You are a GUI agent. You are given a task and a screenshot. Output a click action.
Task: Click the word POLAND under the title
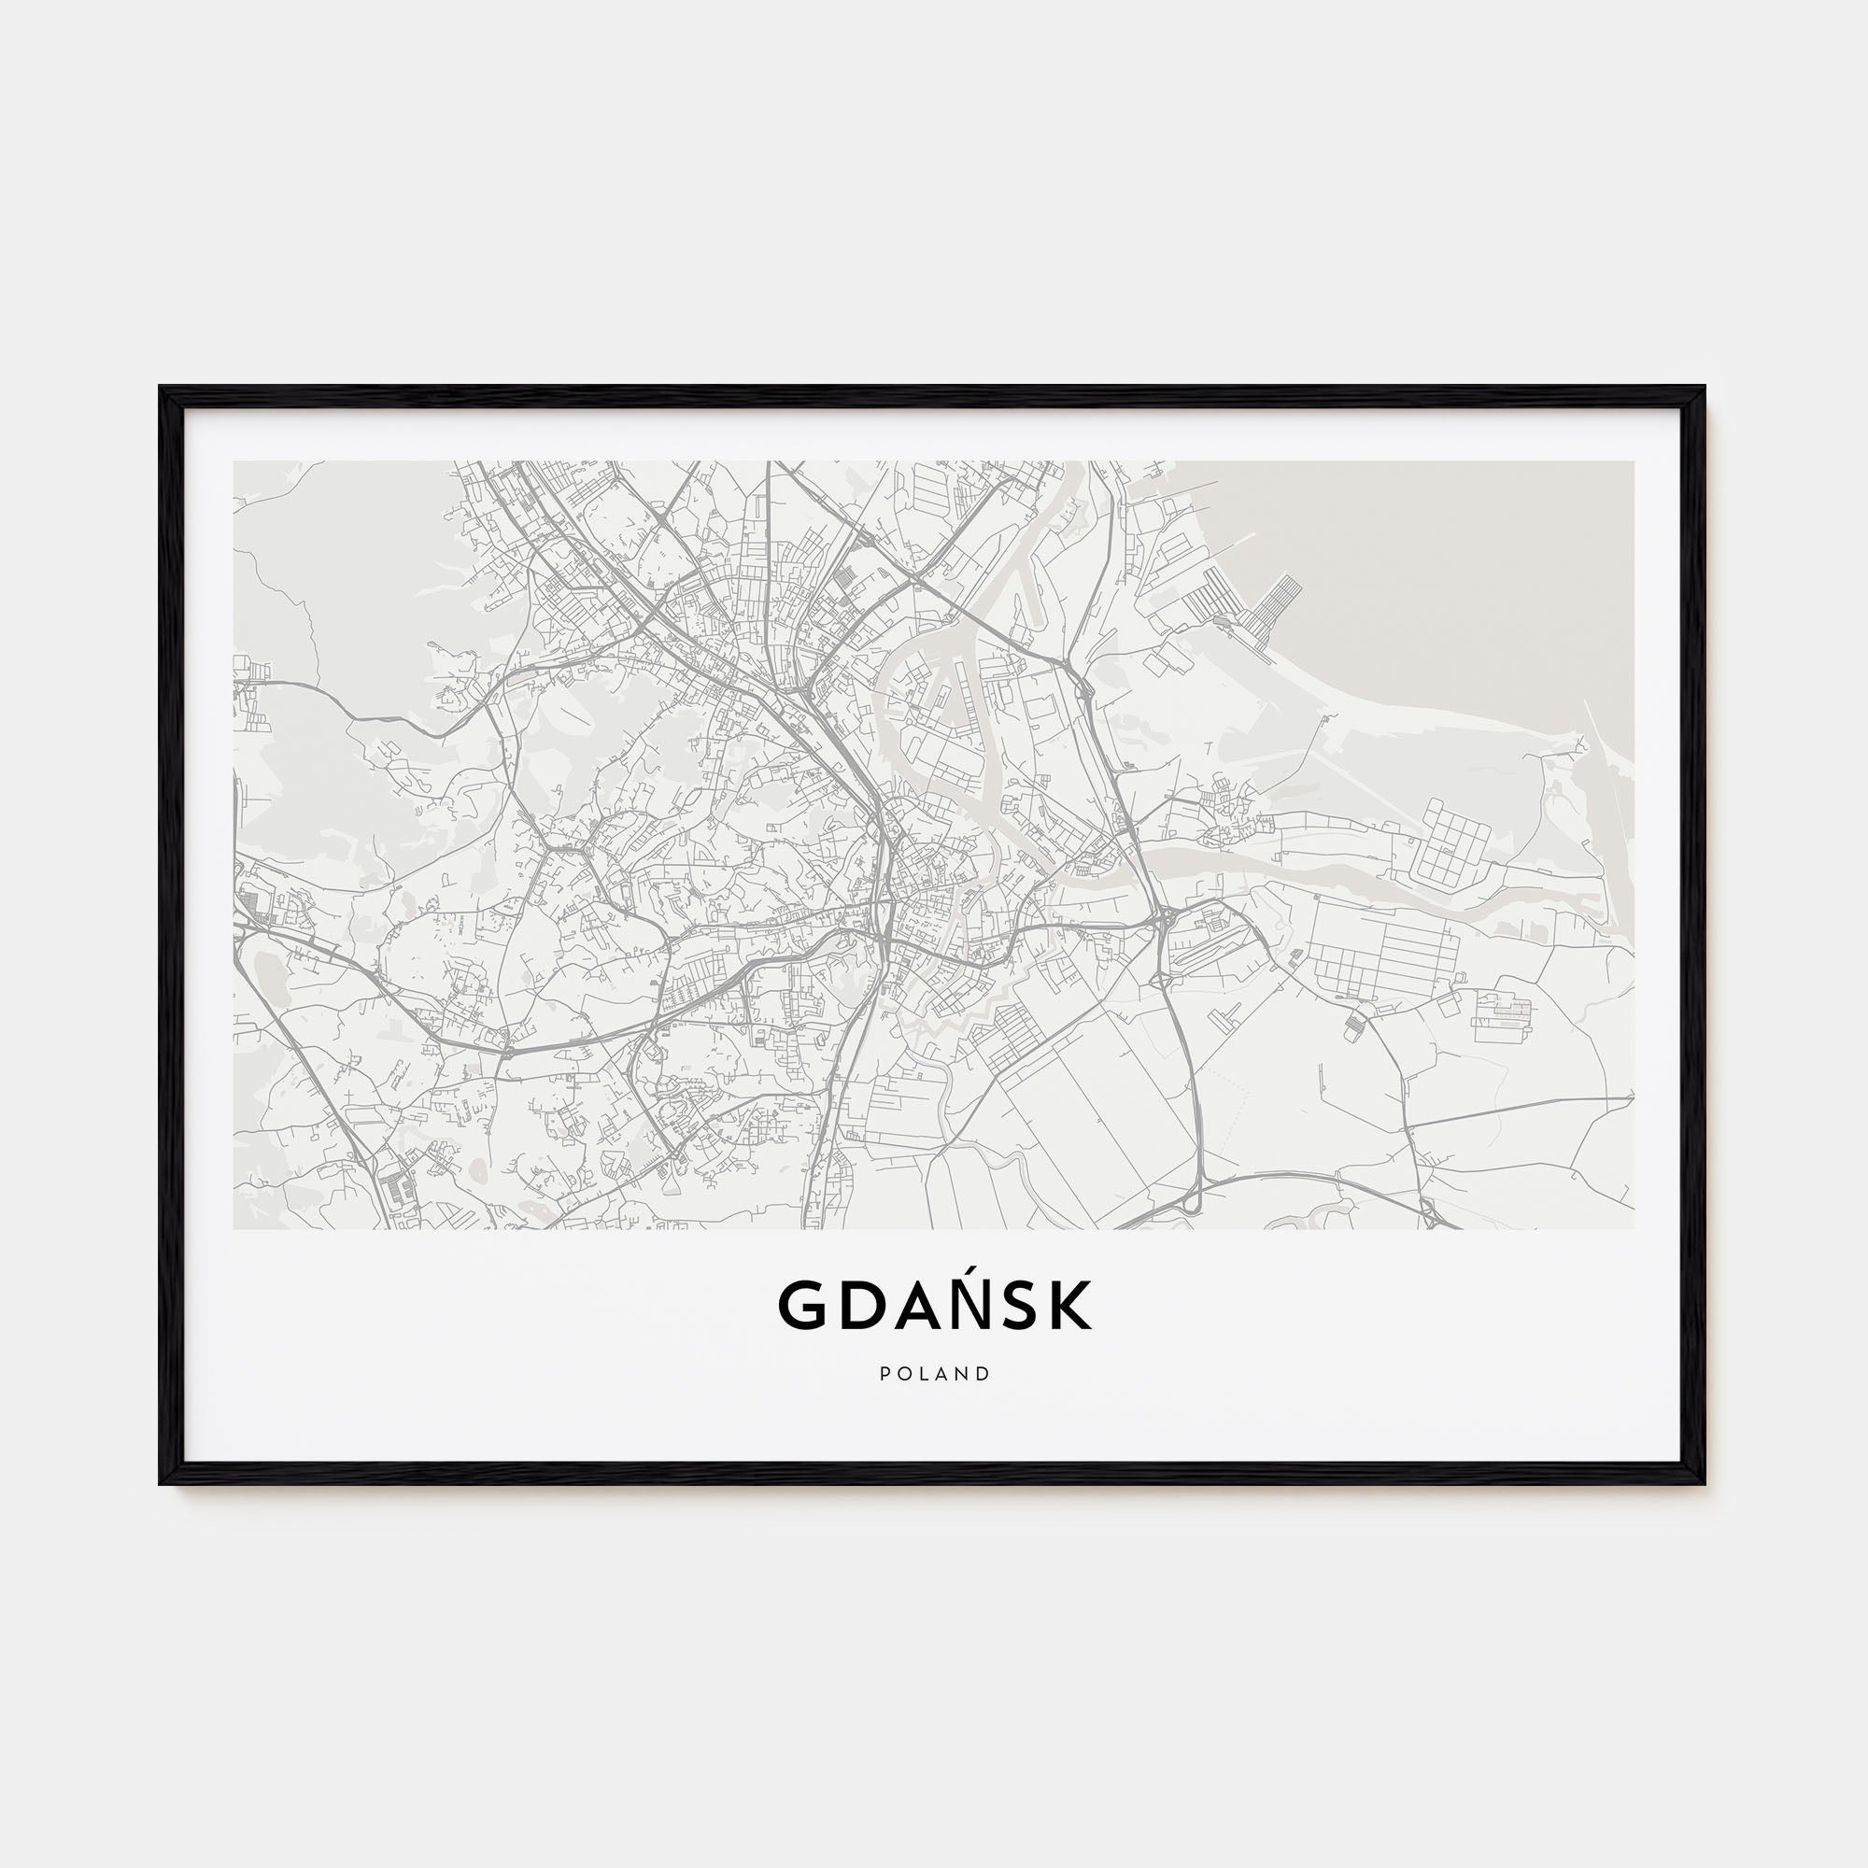click(x=935, y=1374)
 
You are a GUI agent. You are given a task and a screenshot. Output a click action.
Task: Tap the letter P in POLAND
click(x=884, y=1374)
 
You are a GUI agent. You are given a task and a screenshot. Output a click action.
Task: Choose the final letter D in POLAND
click(x=984, y=1374)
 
